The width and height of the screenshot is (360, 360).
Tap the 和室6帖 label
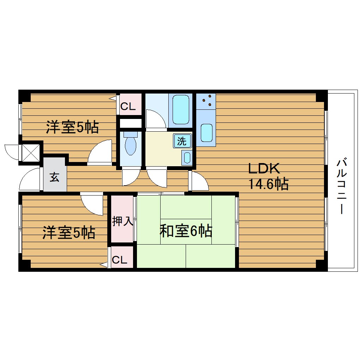(x=186, y=231)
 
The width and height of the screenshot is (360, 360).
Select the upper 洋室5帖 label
(x=72, y=127)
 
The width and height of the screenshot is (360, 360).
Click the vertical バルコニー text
(x=341, y=186)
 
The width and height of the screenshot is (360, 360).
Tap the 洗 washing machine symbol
(x=181, y=141)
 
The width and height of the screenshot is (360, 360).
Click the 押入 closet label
(x=122, y=222)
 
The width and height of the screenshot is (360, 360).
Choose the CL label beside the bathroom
(x=128, y=107)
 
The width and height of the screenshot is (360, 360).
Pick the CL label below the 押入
(x=119, y=260)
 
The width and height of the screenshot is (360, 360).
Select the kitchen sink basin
(x=206, y=132)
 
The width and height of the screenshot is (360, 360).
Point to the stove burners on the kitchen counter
(x=206, y=100)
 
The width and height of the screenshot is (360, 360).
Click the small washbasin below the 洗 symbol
(x=187, y=157)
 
